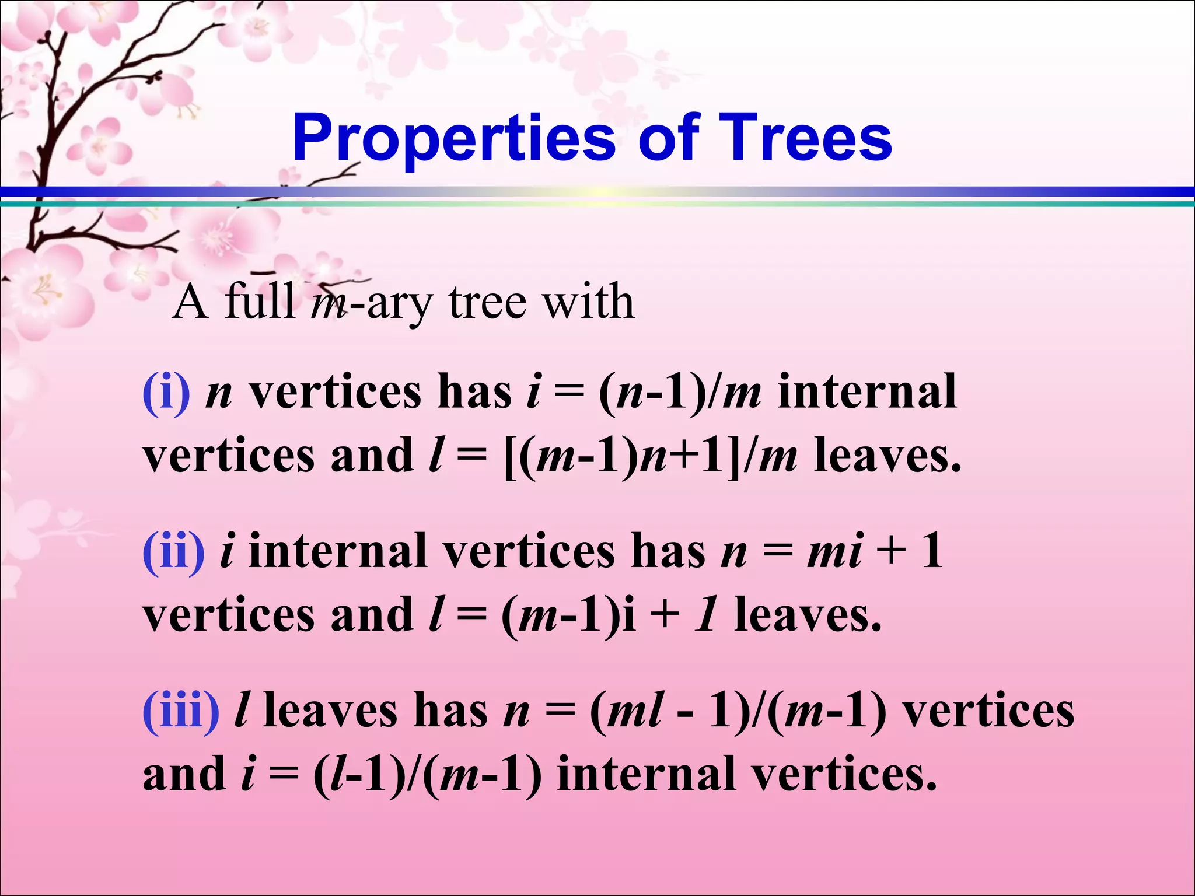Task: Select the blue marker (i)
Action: point(166,393)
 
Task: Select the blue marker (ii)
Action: point(173,552)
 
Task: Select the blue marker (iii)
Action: point(181,711)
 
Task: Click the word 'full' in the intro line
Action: point(259,302)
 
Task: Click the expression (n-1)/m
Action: point(680,393)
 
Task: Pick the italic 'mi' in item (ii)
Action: point(834,552)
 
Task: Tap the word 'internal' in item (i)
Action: point(867,393)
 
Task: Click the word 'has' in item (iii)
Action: point(450,711)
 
